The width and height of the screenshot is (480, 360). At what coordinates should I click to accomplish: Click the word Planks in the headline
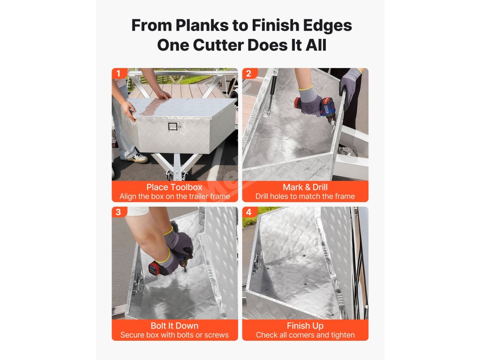(202, 25)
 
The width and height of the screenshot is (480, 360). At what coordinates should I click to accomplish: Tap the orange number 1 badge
(119, 74)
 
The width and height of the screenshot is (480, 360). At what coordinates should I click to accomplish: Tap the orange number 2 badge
(249, 74)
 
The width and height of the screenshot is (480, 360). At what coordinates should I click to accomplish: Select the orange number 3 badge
(119, 212)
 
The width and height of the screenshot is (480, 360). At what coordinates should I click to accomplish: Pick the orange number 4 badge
(249, 212)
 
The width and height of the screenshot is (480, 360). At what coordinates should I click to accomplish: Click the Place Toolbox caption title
(174, 187)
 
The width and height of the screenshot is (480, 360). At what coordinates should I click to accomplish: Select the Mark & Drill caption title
(305, 187)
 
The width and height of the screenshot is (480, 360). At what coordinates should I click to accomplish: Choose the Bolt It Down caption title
(174, 326)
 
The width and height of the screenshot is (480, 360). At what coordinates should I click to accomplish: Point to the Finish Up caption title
(305, 326)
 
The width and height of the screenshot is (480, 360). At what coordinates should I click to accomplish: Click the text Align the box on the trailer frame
(175, 196)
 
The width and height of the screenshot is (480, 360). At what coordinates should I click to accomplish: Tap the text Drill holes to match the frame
(305, 196)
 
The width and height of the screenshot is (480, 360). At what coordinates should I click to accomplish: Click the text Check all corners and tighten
(305, 335)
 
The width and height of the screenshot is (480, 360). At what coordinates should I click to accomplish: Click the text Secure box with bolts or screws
(174, 335)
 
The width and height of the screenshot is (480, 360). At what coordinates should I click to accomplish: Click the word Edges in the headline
(328, 25)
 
